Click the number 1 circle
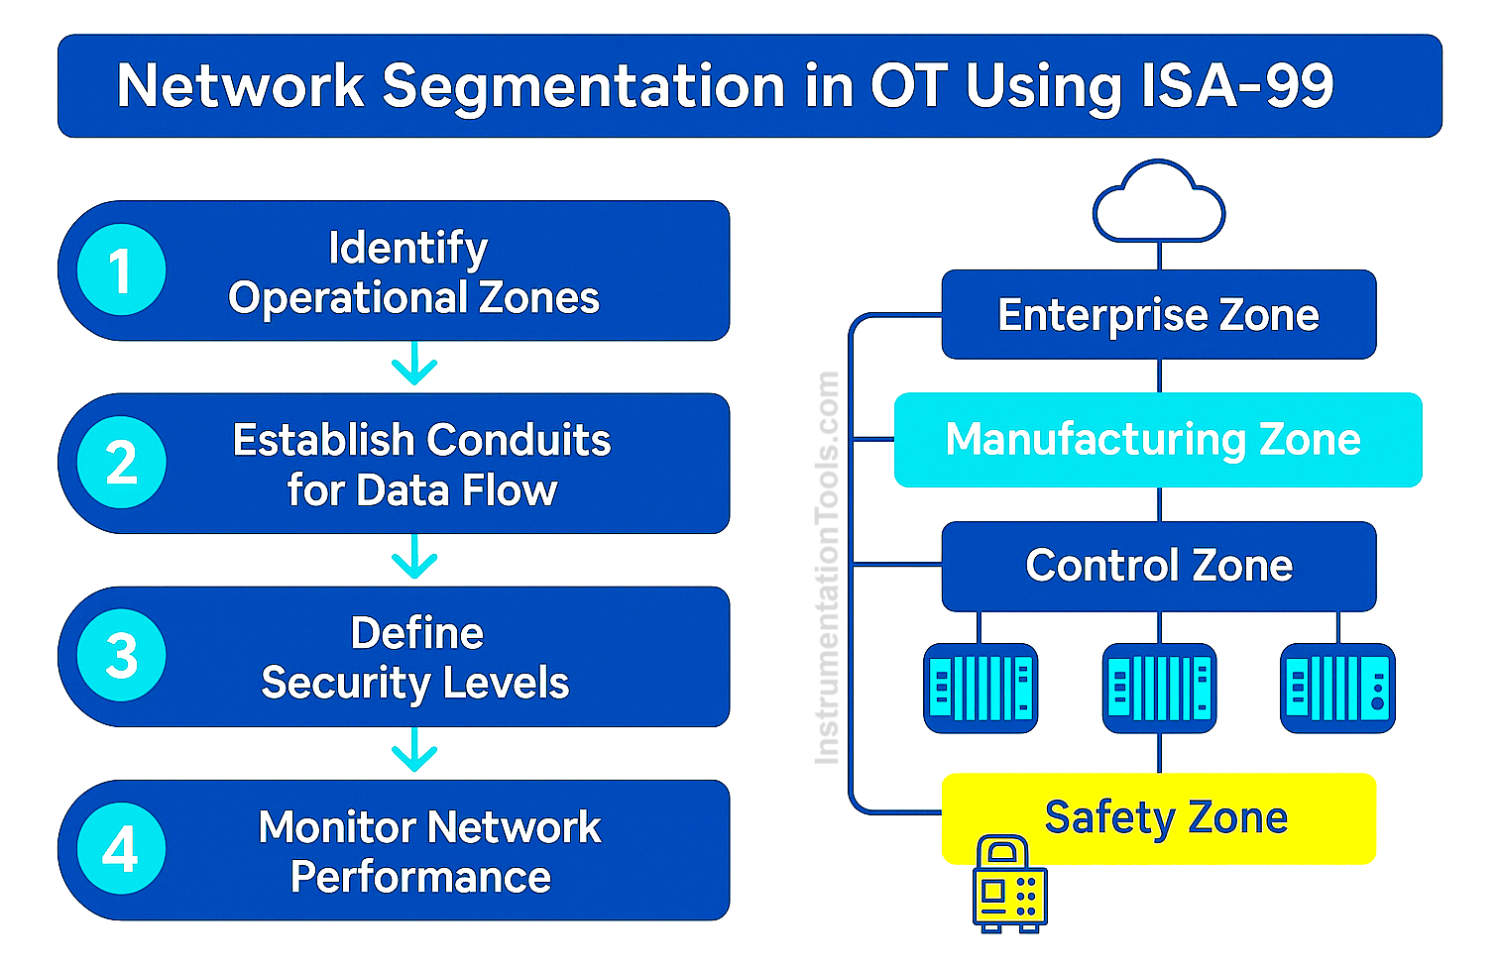121,270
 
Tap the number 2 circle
121,463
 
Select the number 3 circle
121,656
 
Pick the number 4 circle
121,849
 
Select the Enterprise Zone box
1158,315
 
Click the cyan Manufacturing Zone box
1157,440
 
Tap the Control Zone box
1158,566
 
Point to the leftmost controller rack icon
981,688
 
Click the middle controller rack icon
1159,688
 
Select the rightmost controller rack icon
1337,688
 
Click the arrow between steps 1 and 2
414,366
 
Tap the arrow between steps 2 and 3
414,559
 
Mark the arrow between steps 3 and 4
414,752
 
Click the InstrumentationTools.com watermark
827,567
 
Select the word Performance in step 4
420,877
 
